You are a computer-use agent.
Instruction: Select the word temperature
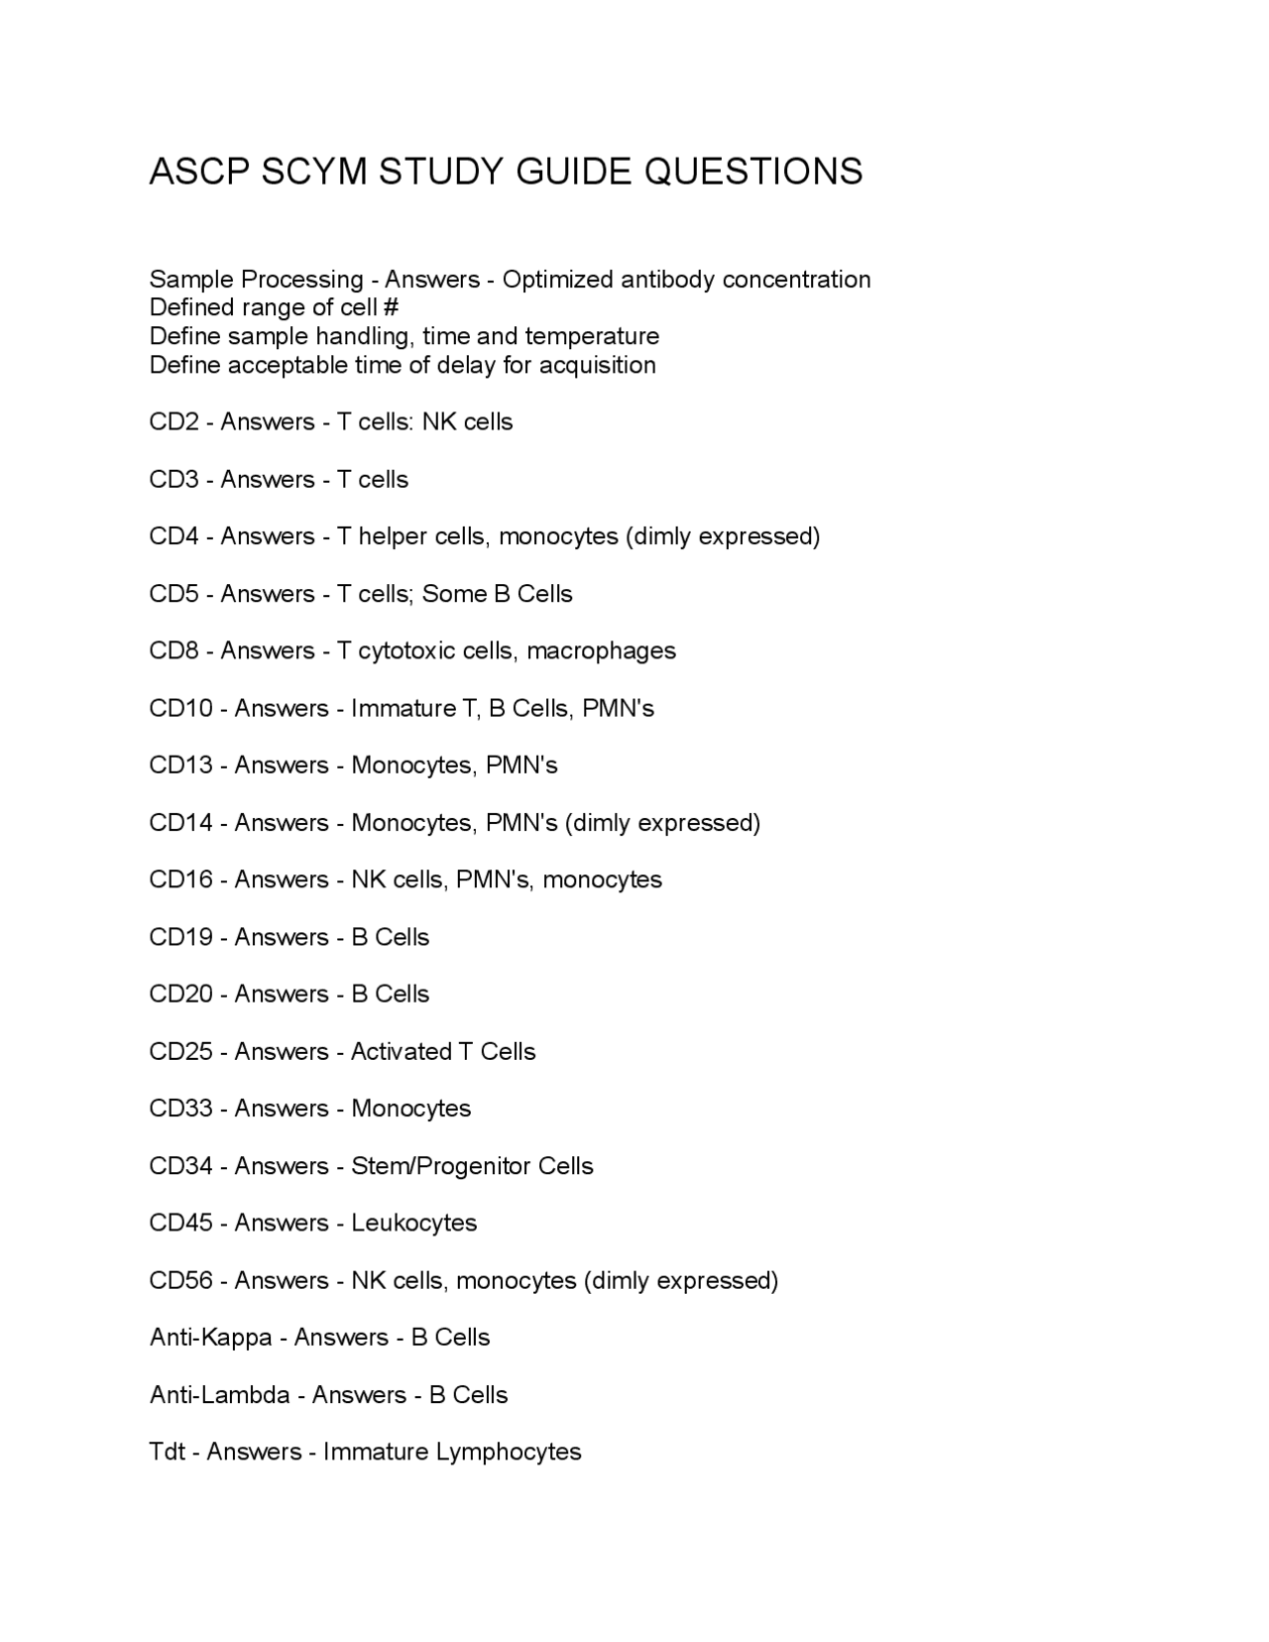point(592,336)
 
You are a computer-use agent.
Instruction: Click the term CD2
point(174,422)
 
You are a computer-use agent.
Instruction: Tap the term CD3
point(174,480)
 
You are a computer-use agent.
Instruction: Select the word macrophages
point(601,651)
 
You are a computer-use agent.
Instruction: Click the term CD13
point(181,765)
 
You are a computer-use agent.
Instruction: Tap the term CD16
point(181,880)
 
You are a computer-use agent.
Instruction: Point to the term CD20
point(181,995)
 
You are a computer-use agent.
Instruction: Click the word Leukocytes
point(414,1224)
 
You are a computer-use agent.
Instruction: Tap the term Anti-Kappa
point(210,1338)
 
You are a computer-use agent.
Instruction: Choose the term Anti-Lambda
point(219,1395)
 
